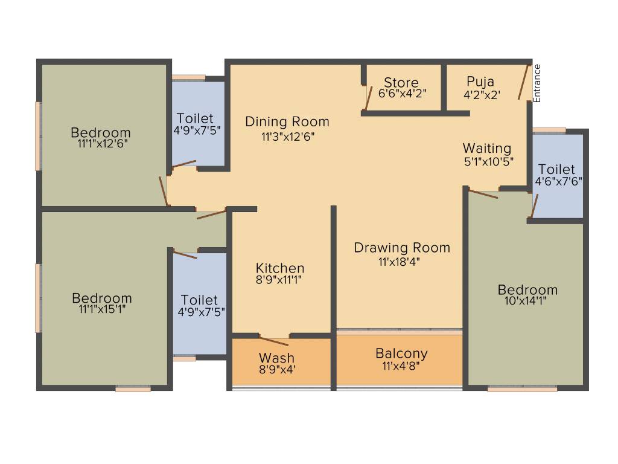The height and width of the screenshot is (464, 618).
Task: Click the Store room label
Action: click(x=401, y=83)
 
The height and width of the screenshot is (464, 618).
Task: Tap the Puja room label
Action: click(x=480, y=82)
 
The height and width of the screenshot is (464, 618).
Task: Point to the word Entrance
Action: click(x=537, y=83)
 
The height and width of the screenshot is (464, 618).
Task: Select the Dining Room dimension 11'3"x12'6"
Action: click(x=288, y=137)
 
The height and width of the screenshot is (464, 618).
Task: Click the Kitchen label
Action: click(x=280, y=268)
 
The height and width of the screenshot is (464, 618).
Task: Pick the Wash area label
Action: click(x=277, y=358)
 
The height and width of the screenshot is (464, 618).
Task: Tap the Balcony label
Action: click(x=401, y=353)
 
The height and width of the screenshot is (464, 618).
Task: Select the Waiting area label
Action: click(x=487, y=149)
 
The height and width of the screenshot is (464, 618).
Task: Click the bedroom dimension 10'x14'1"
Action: click(x=527, y=302)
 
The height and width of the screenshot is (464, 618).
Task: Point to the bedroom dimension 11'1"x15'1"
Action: click(x=101, y=310)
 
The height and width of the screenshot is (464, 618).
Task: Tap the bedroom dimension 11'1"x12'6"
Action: click(x=100, y=144)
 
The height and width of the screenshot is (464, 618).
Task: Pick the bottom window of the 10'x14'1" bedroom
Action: click(x=522, y=389)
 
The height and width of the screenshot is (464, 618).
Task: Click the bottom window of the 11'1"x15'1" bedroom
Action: click(x=133, y=389)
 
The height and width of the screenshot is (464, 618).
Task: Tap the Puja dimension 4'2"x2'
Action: click(x=482, y=94)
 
